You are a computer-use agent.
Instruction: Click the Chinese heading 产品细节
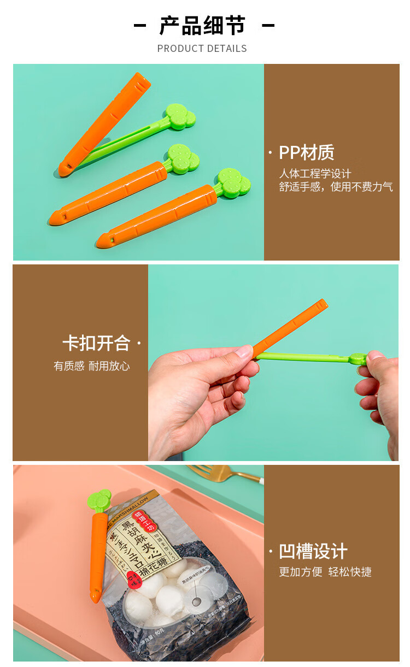[x=202, y=26]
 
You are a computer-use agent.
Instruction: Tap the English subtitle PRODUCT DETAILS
[x=202, y=49]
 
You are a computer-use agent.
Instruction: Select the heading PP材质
[x=306, y=153]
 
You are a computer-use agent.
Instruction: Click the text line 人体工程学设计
[x=315, y=174]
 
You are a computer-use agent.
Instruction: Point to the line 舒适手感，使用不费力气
[x=336, y=187]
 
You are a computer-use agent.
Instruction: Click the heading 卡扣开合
[x=96, y=343]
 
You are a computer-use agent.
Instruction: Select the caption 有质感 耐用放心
[x=92, y=366]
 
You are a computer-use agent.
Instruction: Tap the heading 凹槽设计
[x=313, y=551]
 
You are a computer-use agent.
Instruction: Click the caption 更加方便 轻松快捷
[x=325, y=572]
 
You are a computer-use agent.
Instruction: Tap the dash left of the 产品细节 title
[x=140, y=26]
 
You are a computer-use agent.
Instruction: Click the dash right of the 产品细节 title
[x=268, y=26]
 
